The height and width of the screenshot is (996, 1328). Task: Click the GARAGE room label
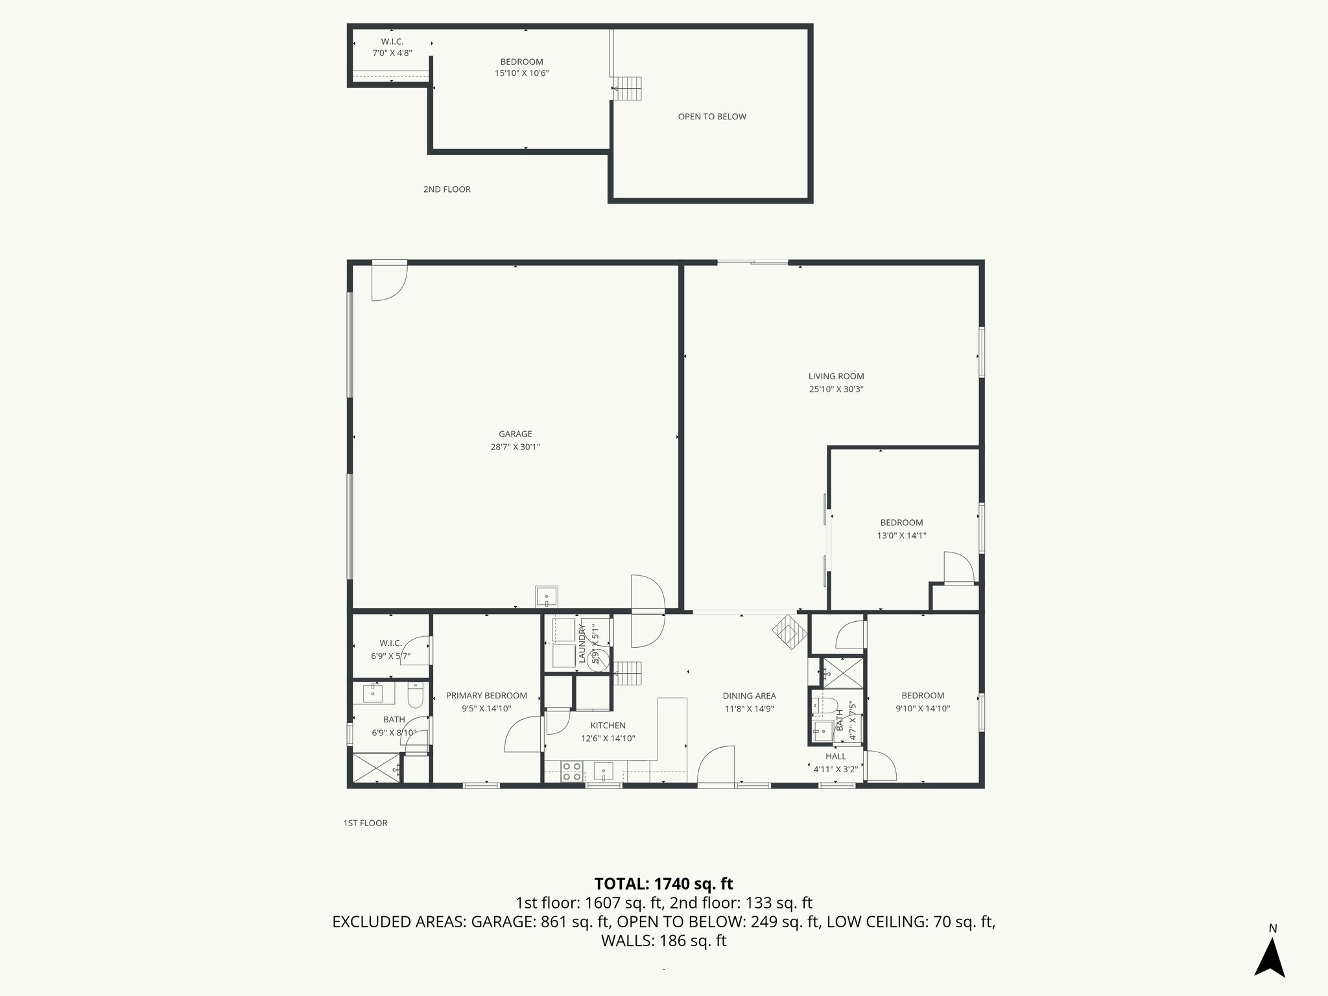click(515, 434)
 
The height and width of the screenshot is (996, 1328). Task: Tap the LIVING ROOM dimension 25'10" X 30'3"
click(836, 390)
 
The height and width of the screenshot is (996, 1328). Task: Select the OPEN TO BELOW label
click(711, 117)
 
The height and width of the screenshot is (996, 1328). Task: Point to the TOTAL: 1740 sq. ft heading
click(663, 884)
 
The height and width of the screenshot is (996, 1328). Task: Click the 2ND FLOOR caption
click(447, 189)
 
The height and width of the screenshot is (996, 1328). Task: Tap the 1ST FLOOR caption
click(365, 823)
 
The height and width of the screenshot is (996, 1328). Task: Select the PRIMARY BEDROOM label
click(486, 696)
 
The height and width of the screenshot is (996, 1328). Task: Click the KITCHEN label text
click(608, 726)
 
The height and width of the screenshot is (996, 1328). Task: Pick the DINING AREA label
click(749, 696)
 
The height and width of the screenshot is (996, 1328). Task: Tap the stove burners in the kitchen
click(571, 771)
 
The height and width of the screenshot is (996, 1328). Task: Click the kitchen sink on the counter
click(604, 772)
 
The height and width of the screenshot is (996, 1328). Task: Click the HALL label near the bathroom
click(835, 756)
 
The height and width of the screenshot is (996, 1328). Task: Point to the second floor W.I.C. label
click(392, 41)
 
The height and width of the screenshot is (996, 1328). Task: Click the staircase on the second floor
click(627, 88)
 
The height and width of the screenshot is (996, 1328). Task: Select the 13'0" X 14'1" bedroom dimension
click(901, 536)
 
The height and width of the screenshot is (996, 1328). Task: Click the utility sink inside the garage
click(546, 595)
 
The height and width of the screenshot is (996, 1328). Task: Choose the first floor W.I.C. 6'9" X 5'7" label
click(390, 650)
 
